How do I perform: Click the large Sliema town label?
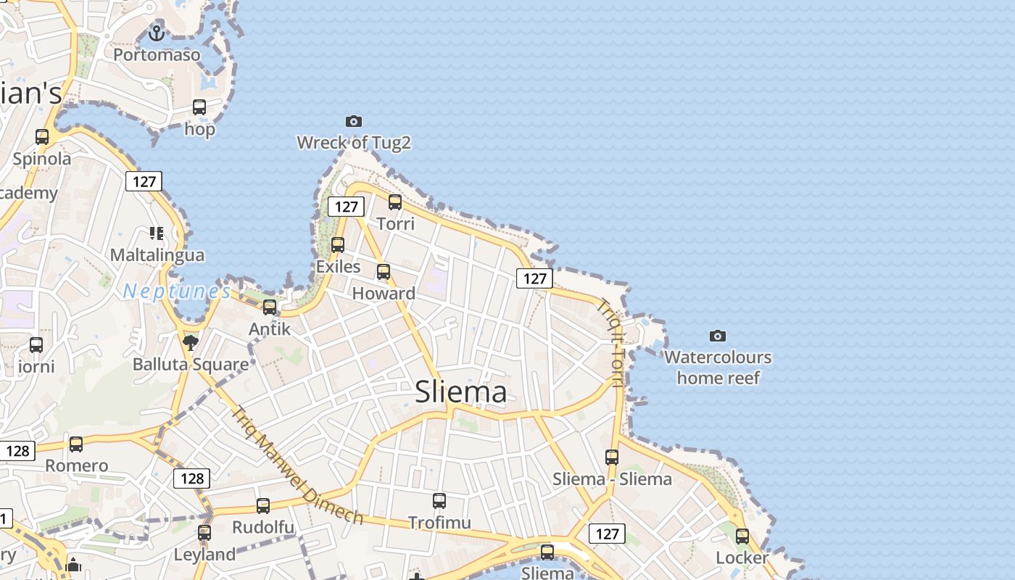[460, 392]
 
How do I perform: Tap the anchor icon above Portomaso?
[156, 33]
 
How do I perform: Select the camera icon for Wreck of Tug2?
[354, 121]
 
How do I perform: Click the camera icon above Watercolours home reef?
[718, 336]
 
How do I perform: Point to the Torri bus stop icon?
[395, 202]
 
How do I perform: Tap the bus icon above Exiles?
[338, 245]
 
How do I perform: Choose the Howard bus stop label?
[384, 294]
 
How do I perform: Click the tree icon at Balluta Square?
[191, 342]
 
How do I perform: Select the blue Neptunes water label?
[177, 291]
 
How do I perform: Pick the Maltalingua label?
[157, 255]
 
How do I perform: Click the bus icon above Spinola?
[42, 136]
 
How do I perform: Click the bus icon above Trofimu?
[439, 500]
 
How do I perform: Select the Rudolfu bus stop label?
[263, 527]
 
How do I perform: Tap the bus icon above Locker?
[742, 536]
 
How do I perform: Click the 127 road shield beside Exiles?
[346, 207]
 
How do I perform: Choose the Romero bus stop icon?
[76, 444]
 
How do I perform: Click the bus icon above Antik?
[270, 307]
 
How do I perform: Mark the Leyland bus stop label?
[204, 555]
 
